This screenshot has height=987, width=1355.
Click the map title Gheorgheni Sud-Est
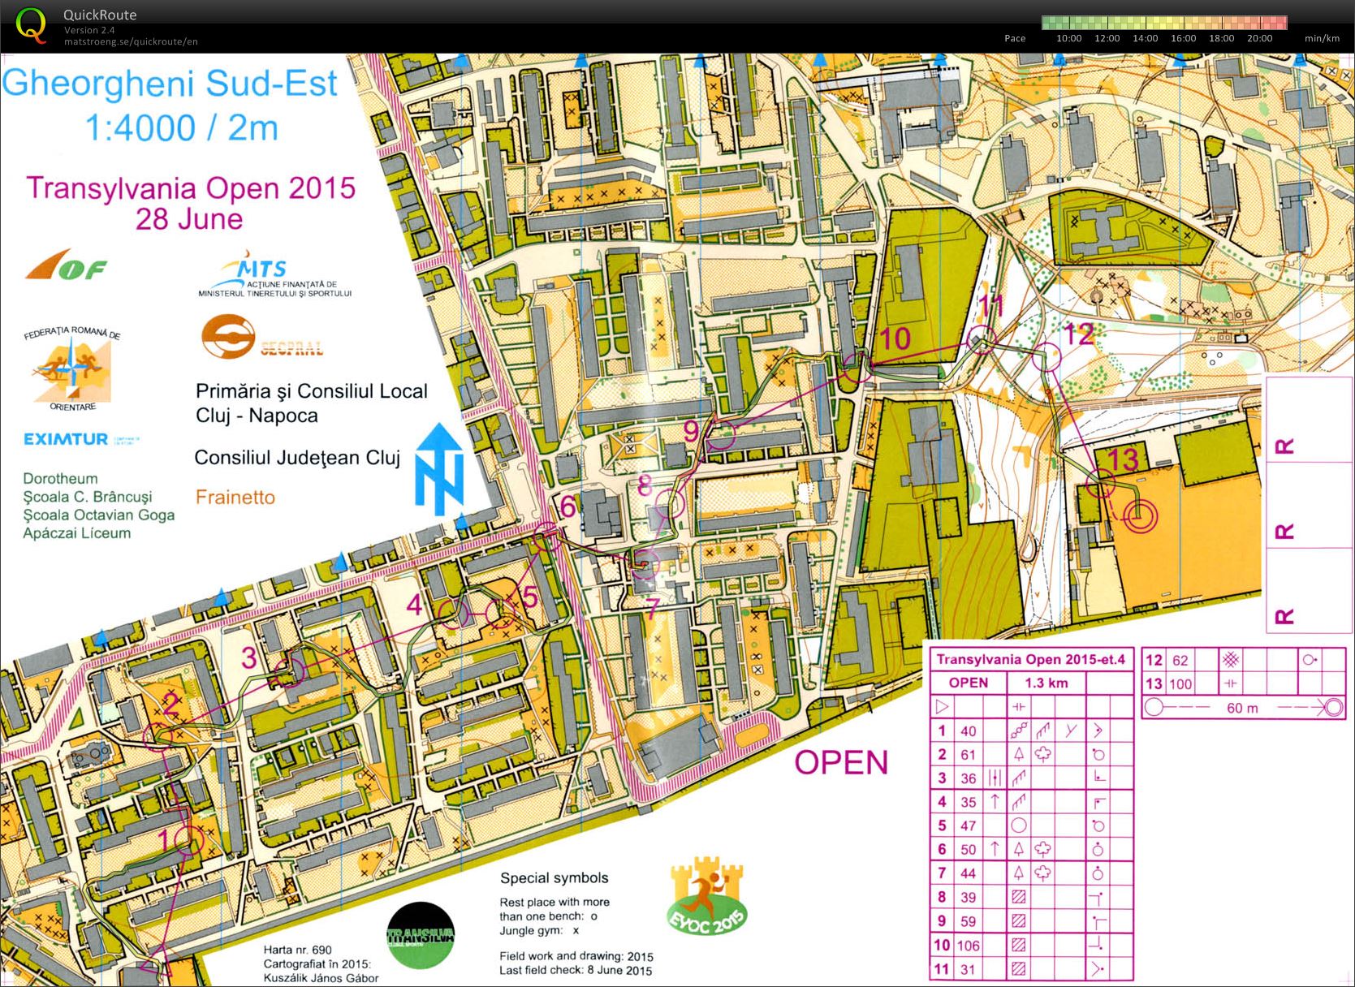pos(170,84)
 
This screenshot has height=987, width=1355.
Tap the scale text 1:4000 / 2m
pos(181,127)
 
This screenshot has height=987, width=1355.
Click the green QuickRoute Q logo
pos(31,24)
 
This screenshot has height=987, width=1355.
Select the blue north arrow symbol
pos(440,469)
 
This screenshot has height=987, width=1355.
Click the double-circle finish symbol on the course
pos(1140,514)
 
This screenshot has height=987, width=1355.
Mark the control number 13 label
pos(1124,459)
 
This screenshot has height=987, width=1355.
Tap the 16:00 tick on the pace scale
pos(1183,38)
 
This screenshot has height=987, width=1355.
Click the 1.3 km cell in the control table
pos(1046,683)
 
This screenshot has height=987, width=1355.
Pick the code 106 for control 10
pos(968,945)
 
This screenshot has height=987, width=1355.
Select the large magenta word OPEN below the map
pos(840,762)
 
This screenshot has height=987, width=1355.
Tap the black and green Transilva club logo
pos(420,935)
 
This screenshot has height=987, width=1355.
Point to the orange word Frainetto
pos(235,497)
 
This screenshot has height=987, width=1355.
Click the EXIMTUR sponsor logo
pos(66,439)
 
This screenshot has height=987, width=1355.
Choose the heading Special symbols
pos(554,877)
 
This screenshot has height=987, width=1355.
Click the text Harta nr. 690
pos(297,950)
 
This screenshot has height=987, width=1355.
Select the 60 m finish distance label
pos(1242,708)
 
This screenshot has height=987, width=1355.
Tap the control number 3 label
pos(249,657)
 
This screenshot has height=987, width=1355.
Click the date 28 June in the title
pos(188,219)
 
